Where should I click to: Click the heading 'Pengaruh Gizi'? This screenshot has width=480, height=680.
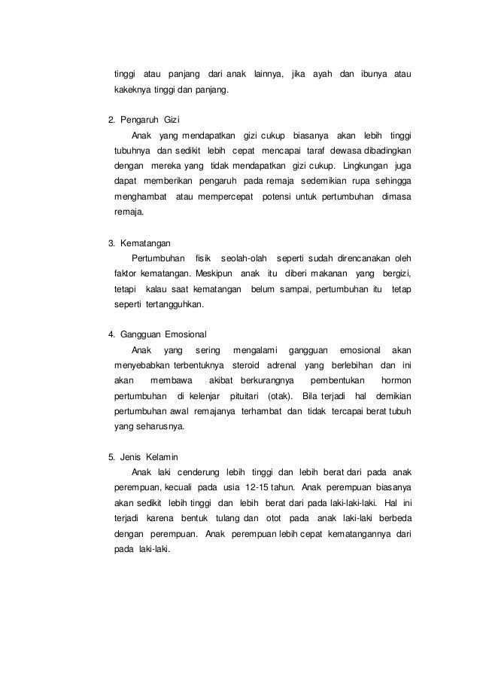150,120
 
